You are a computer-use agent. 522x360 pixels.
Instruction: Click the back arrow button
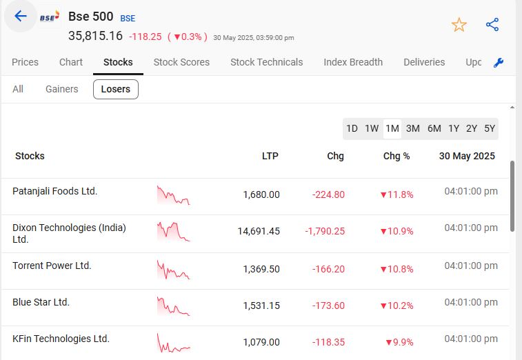pyautogui.click(x=21, y=17)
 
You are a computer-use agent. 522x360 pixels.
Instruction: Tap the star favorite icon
pyautogui.click(x=459, y=26)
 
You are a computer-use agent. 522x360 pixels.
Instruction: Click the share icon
pyautogui.click(x=492, y=25)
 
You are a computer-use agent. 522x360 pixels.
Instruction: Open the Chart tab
pyautogui.click(x=71, y=62)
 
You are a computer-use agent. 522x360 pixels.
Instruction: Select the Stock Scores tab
pyautogui.click(x=181, y=62)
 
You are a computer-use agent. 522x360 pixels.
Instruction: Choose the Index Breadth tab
pyautogui.click(x=353, y=62)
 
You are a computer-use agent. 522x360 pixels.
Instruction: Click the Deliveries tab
pyautogui.click(x=424, y=62)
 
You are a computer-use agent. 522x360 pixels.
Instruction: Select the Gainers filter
pyautogui.click(x=62, y=89)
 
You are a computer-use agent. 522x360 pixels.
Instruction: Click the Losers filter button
pyautogui.click(x=116, y=89)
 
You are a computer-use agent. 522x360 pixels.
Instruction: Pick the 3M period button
pyautogui.click(x=413, y=128)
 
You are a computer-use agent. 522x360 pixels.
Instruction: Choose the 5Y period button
pyautogui.click(x=490, y=128)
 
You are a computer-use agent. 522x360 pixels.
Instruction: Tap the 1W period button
pyautogui.click(x=372, y=128)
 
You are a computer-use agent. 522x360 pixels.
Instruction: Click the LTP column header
pyautogui.click(x=270, y=156)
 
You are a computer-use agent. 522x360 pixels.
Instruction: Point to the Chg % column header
pyautogui.click(x=396, y=156)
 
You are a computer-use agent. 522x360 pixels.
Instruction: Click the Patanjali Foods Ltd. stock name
pyautogui.click(x=55, y=191)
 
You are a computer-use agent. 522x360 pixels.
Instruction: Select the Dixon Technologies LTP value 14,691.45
pyautogui.click(x=259, y=231)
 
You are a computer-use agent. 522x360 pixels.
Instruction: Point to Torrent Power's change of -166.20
pyautogui.click(x=328, y=269)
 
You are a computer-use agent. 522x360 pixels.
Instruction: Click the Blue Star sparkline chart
pyautogui.click(x=173, y=306)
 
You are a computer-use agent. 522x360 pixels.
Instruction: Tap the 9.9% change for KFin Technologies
pyautogui.click(x=399, y=342)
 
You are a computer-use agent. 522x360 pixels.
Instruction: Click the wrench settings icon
pyautogui.click(x=499, y=63)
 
